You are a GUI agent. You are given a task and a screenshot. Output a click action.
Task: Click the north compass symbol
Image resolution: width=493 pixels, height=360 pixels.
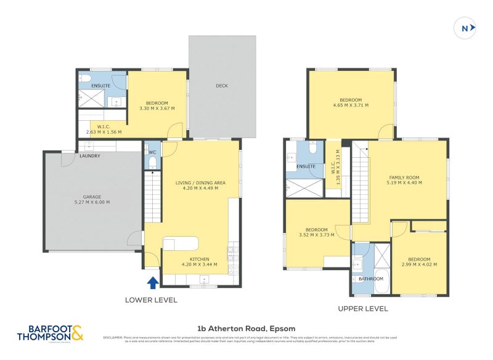click(x=467, y=27)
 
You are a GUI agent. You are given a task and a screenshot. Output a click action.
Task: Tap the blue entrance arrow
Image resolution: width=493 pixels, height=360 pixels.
click(x=152, y=283)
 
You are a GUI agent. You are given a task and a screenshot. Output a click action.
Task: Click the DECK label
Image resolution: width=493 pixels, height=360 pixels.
click(x=222, y=86)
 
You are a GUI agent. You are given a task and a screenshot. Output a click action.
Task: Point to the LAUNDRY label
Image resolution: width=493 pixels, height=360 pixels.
click(x=89, y=156)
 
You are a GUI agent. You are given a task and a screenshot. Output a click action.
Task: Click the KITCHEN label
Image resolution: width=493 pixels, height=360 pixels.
click(x=199, y=259)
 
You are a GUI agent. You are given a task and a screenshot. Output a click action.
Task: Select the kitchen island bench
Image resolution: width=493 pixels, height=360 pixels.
click(x=181, y=242)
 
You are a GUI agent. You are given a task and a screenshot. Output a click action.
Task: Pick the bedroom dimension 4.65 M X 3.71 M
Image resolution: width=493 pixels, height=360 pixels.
click(x=350, y=106)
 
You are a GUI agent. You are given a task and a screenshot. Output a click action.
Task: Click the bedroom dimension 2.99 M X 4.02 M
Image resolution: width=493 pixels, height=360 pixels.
click(x=419, y=264)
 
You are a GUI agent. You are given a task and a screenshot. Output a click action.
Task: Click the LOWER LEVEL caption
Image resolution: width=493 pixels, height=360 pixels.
click(x=151, y=300)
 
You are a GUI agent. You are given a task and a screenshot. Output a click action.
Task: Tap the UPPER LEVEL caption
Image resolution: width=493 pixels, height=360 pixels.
click(x=362, y=308)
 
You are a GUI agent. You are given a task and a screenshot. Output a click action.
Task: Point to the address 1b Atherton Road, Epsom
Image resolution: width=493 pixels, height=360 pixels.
click(x=246, y=329)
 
